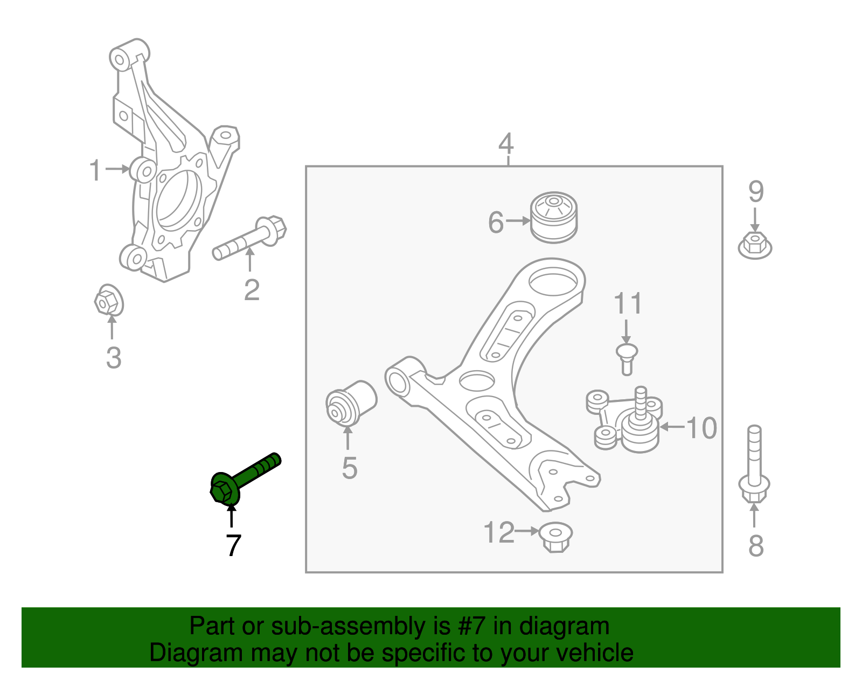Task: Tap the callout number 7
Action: [x=232, y=546]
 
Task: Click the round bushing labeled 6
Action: [x=554, y=218]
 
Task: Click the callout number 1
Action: [x=95, y=170]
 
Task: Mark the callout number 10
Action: [x=701, y=428]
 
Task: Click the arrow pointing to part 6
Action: [x=518, y=220]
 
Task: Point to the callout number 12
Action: [x=499, y=532]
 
